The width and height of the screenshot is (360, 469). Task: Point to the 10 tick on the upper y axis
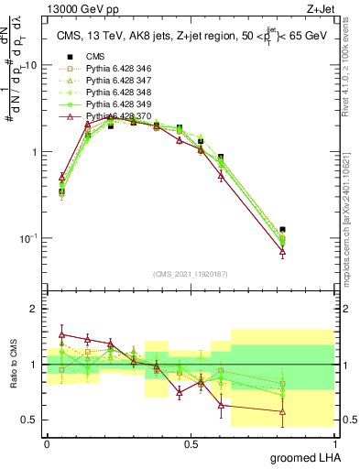coord(30,66)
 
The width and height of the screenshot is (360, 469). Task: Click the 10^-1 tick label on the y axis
coord(27,238)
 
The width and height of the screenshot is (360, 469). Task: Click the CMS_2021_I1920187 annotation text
coord(190,273)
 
